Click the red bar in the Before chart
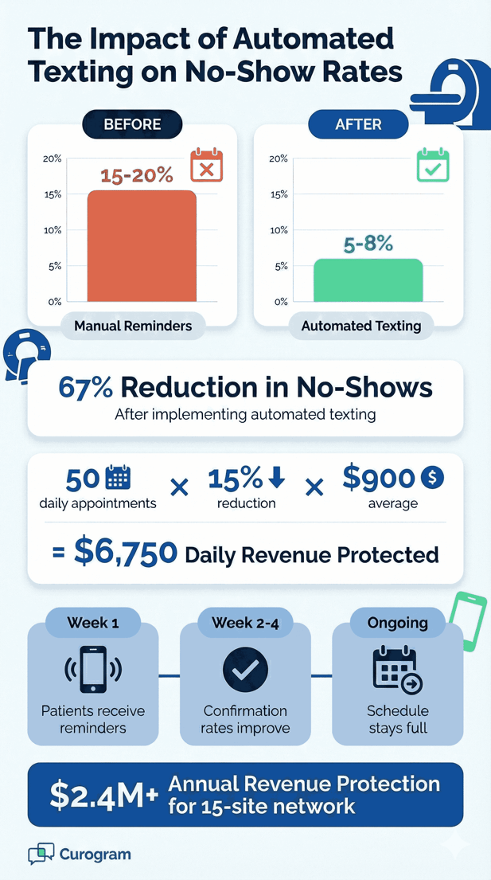[141, 246]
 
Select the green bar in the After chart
[368, 280]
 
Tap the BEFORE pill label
[132, 125]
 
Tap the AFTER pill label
[358, 125]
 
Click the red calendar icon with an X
[206, 166]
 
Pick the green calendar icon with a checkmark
[433, 165]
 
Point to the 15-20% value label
[136, 176]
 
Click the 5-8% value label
[368, 244]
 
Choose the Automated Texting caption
[361, 326]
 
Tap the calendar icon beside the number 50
[119, 478]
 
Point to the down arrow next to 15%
[277, 477]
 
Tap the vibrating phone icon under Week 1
[92, 669]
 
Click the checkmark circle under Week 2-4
[244, 670]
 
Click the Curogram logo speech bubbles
[41, 855]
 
